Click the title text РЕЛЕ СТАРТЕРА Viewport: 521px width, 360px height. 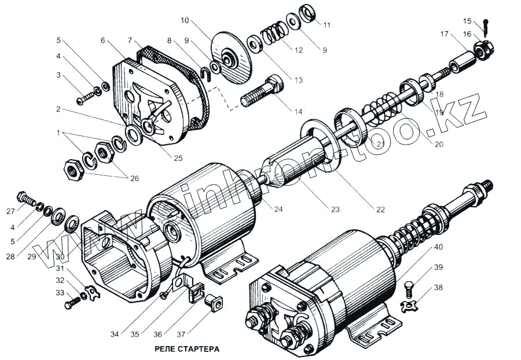tap(188, 349)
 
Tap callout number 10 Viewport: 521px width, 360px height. tap(185, 20)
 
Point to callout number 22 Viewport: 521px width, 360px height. tap(380, 210)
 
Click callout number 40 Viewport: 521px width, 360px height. tap(439, 247)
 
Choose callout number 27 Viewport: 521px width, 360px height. tap(11, 211)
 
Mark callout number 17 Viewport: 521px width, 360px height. tap(444, 34)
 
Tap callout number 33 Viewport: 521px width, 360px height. tap(60, 292)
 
